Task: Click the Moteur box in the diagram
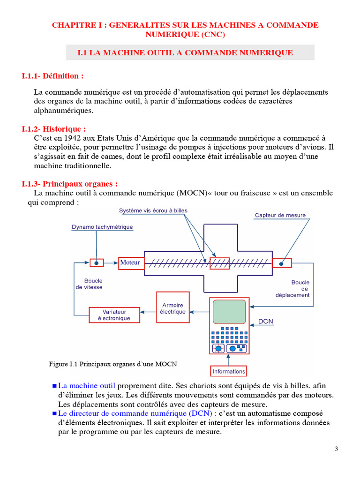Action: pyautogui.click(x=130, y=262)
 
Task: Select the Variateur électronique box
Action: pyautogui.click(x=114, y=315)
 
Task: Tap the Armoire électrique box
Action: pyautogui.click(x=172, y=308)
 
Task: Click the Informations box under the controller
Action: pyautogui.click(x=229, y=371)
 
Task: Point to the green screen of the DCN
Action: pyautogui.click(x=229, y=312)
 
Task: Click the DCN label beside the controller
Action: pyautogui.click(x=266, y=322)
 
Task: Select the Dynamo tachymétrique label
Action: pyautogui.click(x=102, y=227)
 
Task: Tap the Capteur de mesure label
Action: pyautogui.click(x=280, y=215)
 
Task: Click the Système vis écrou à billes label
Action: pyautogui.click(x=153, y=210)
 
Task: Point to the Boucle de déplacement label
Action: pyautogui.click(x=299, y=289)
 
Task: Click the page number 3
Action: pyautogui.click(x=336, y=449)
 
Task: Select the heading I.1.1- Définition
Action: pyautogui.click(x=53, y=76)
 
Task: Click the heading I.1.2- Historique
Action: pyautogui.click(x=54, y=129)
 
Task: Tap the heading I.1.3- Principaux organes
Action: pyautogui.click(x=69, y=184)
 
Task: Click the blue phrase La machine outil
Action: pyautogui.click(x=87, y=386)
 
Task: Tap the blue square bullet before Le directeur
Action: pyautogui.click(x=54, y=413)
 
